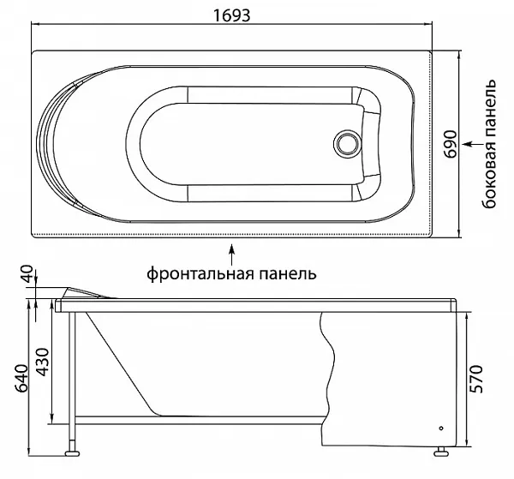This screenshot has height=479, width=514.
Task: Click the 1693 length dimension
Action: (231, 13)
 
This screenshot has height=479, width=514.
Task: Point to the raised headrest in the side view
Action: (90, 291)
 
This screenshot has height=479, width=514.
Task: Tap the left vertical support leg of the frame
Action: (75, 368)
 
